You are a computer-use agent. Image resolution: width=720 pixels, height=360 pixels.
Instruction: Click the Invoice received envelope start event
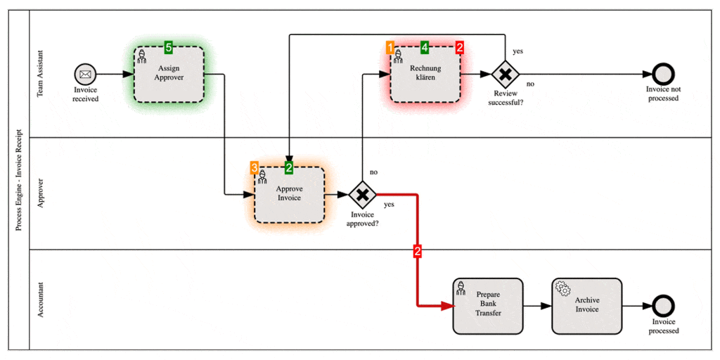tap(85, 73)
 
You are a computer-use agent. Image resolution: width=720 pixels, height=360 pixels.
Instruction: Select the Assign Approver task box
tap(169, 74)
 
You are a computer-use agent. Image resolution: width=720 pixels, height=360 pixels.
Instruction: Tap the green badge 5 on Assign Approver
tap(169, 47)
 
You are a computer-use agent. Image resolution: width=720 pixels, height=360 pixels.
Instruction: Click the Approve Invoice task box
tap(289, 194)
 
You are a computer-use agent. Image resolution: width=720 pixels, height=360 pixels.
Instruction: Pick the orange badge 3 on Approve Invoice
tap(255, 167)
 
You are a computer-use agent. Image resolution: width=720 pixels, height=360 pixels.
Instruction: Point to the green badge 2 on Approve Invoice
tap(289, 167)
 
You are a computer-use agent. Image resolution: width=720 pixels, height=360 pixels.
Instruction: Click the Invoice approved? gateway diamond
tap(362, 194)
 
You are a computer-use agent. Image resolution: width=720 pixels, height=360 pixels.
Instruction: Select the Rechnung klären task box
tap(425, 73)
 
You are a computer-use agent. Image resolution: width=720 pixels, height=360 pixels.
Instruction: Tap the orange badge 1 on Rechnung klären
tap(390, 47)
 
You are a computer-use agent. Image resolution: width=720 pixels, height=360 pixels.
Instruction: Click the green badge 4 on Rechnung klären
tap(425, 47)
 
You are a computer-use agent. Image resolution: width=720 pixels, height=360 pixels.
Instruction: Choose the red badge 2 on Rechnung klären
tap(460, 47)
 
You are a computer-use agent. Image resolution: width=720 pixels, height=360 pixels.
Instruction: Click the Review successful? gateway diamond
tap(505, 73)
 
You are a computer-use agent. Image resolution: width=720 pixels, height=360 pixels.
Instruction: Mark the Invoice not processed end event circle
tap(662, 73)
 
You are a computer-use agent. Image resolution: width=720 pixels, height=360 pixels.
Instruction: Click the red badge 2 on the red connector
tap(418, 251)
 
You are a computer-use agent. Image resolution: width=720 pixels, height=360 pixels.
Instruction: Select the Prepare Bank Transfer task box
tap(488, 306)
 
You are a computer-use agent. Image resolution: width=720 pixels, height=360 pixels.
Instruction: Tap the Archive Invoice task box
tap(586, 306)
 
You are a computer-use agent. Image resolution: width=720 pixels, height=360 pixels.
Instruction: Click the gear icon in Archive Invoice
tap(562, 288)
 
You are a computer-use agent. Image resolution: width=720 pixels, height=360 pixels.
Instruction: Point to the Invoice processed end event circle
tap(663, 306)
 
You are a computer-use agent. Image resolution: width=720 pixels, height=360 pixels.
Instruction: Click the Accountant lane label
tap(40, 300)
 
